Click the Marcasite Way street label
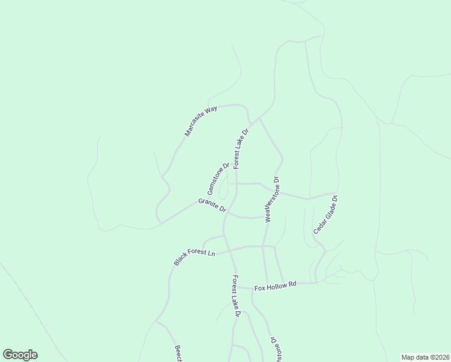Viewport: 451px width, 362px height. (x=201, y=121)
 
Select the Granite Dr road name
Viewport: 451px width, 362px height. (x=212, y=205)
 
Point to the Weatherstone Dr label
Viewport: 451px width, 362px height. (x=271, y=200)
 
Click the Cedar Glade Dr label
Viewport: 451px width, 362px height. (x=326, y=215)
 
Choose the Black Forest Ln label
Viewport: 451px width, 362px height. (x=194, y=257)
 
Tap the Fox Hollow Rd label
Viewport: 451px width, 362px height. (x=276, y=286)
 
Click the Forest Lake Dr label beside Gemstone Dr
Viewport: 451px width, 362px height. (x=241, y=148)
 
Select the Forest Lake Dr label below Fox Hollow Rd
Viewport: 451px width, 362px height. (x=236, y=296)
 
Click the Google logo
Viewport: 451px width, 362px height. (x=20, y=355)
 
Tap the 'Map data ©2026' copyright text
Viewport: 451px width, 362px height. (x=425, y=357)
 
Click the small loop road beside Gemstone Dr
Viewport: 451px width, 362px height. (x=224, y=188)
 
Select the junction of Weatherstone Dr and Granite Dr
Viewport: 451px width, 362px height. (x=266, y=217)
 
